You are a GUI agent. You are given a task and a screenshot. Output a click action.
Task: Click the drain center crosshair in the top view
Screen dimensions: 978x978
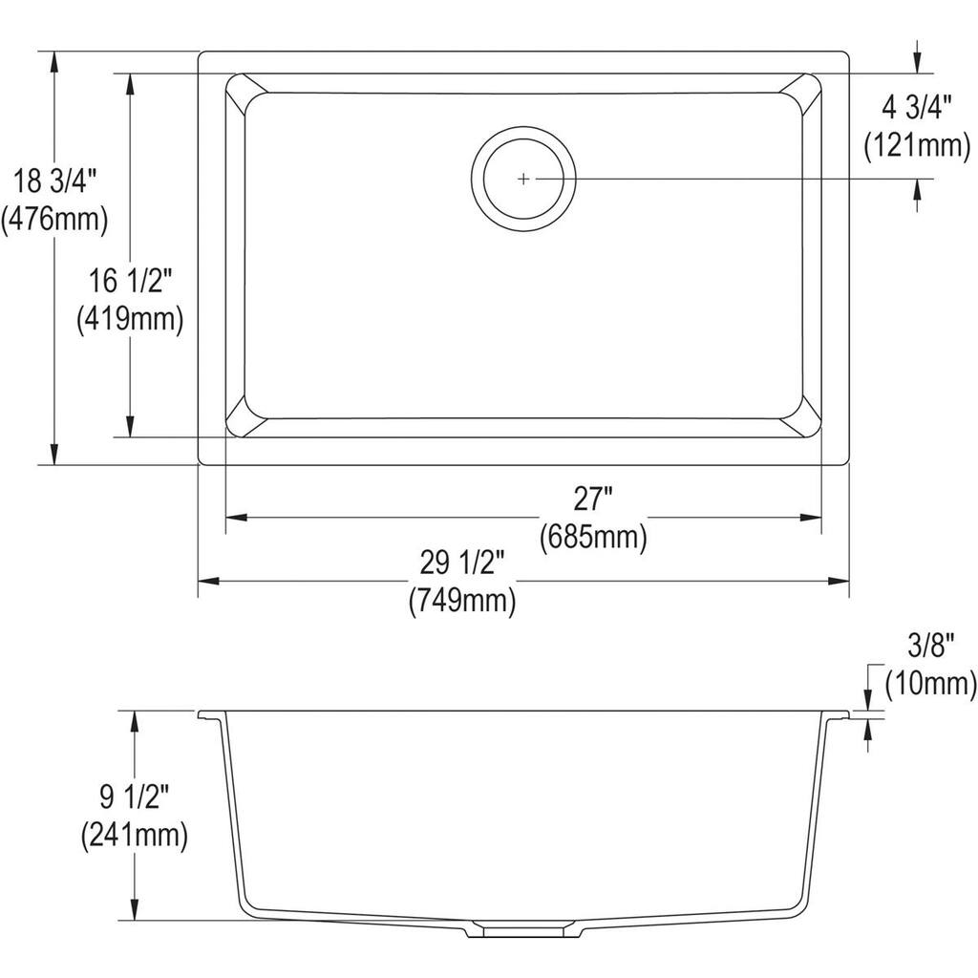tap(523, 179)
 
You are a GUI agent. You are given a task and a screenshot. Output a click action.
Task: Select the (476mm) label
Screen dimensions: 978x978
tap(53, 219)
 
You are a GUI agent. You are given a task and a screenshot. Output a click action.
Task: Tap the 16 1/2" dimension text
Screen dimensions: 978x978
tap(130, 281)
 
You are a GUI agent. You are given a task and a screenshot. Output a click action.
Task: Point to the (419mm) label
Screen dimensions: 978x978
tap(130, 319)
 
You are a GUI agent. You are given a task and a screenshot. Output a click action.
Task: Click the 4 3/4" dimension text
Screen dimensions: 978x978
tap(917, 108)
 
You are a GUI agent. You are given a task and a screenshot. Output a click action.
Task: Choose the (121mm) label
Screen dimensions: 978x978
tap(917, 146)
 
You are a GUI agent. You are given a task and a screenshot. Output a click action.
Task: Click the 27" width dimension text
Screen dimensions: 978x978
tap(592, 500)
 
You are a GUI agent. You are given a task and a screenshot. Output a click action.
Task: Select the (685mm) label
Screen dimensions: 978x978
tap(592, 538)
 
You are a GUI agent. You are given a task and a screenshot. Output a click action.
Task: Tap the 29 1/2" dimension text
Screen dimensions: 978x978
tap(462, 563)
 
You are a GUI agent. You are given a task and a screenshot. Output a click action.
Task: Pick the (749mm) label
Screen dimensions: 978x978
tap(462, 601)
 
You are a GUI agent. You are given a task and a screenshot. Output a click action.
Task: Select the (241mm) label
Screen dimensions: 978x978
tap(134, 836)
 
